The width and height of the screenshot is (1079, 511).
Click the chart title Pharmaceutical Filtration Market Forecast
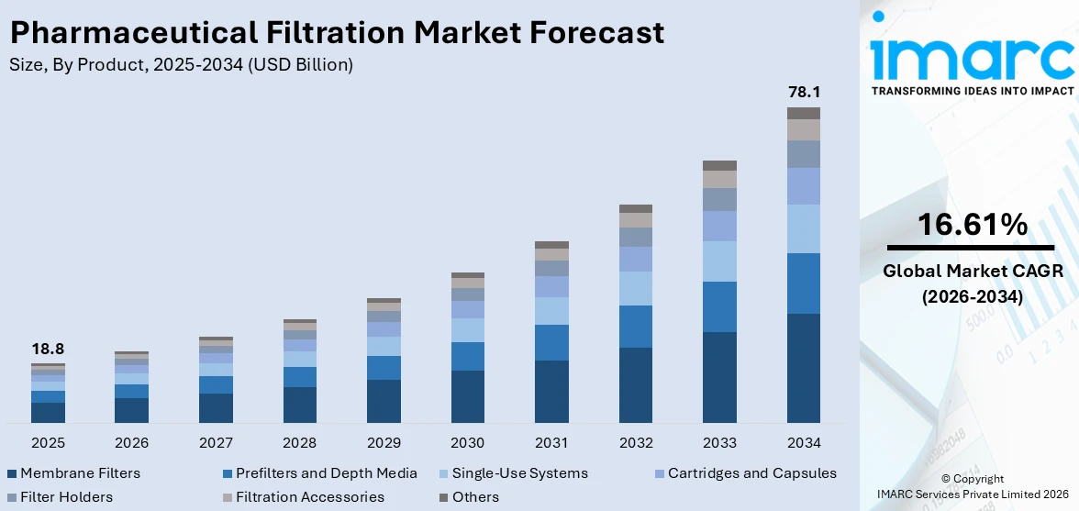click(x=337, y=33)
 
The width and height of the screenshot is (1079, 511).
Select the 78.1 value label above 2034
click(x=804, y=92)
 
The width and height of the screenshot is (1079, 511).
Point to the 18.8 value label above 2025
click(x=48, y=349)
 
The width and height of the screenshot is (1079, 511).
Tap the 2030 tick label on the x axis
click(x=468, y=443)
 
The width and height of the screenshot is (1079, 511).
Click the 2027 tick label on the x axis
click(x=216, y=443)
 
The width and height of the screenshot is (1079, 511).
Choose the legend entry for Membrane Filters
click(x=73, y=473)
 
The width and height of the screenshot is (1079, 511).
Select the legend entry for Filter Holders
click(x=60, y=497)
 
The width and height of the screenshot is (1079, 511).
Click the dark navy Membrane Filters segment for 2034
click(x=804, y=368)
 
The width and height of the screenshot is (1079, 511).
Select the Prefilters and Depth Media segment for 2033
click(x=719, y=306)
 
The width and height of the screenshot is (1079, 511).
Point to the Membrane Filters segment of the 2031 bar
click(x=551, y=392)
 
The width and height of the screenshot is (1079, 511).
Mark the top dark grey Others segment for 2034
click(x=804, y=113)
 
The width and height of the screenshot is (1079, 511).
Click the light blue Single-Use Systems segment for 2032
click(x=636, y=288)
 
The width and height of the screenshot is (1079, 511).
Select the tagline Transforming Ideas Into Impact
click(x=972, y=91)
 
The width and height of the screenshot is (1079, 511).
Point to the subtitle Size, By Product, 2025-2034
click(x=181, y=64)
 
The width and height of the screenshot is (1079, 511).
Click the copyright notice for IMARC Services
click(x=972, y=486)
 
